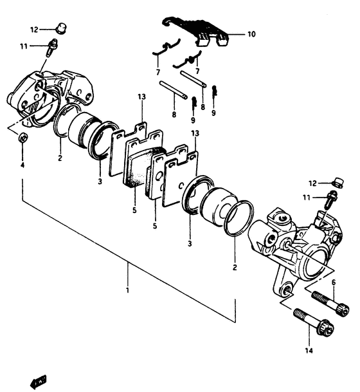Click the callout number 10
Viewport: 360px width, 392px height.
coord(251,34)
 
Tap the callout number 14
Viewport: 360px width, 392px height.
coord(309,351)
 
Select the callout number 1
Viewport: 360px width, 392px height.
coord(127,291)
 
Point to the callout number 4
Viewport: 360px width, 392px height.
coord(22,165)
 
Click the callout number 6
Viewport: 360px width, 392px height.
coord(334,283)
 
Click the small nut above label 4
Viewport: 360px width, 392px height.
coord(23,137)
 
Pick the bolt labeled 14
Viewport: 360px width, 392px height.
coord(314,322)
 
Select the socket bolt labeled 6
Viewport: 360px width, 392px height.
coord(330,304)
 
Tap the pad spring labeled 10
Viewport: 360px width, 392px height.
coord(197,32)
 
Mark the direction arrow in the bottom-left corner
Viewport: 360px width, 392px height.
coord(37,381)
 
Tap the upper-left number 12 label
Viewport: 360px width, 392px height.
coord(34,30)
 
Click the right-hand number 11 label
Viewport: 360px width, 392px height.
coord(307,198)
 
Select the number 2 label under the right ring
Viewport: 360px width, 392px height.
coord(235,268)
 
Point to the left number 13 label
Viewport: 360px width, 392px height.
coord(141,97)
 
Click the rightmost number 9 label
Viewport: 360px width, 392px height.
coord(213,113)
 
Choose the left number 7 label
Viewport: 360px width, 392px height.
coord(157,73)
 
